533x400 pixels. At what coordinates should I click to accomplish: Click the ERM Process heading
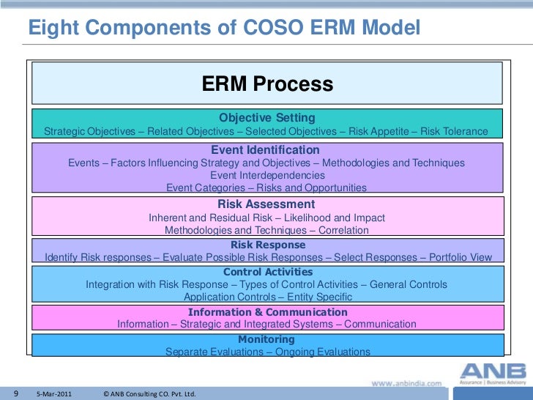(267, 84)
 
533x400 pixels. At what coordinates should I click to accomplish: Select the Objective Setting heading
(267, 118)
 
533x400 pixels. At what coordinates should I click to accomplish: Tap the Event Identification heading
(266, 150)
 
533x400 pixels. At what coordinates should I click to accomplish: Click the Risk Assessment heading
(266, 204)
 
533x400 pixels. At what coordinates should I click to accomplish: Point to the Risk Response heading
(268, 245)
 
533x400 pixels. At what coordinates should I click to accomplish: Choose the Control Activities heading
(267, 272)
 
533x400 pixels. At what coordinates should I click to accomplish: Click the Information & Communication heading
(266, 311)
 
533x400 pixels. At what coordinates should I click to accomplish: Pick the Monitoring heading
(266, 339)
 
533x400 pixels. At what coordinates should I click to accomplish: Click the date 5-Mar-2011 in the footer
(54, 393)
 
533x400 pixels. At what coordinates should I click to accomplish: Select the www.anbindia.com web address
(406, 383)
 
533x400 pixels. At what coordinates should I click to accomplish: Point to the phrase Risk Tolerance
(455, 132)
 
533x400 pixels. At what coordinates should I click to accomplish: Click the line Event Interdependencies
(267, 176)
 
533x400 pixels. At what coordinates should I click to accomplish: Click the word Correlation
(343, 230)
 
